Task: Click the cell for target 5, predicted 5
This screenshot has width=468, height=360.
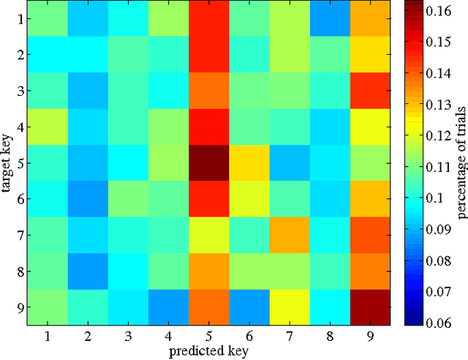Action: [x=208, y=162]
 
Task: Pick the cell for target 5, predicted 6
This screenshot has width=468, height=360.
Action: [x=248, y=162]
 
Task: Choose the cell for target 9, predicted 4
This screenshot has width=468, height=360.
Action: [x=168, y=307]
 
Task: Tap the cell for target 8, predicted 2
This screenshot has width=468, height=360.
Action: [x=88, y=271]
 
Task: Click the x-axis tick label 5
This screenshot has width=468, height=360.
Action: [x=208, y=334]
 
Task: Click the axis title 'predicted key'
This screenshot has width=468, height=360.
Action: [x=208, y=350]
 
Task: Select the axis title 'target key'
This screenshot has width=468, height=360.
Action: [x=7, y=162]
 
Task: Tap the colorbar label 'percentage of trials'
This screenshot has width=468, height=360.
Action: [x=461, y=162]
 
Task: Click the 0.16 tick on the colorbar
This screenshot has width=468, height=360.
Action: [x=439, y=11]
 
